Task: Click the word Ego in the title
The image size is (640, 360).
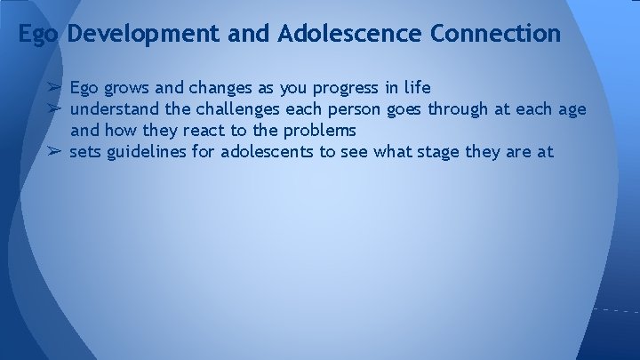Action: tap(38, 35)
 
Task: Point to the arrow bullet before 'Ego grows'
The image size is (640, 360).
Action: tap(54, 88)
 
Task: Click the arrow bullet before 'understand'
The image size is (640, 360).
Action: tap(54, 109)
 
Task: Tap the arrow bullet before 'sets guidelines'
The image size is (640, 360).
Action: tap(54, 152)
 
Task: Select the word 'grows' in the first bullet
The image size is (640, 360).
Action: tap(127, 89)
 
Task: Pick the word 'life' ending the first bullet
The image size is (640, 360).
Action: tap(417, 88)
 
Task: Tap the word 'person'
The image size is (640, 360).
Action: tap(353, 110)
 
